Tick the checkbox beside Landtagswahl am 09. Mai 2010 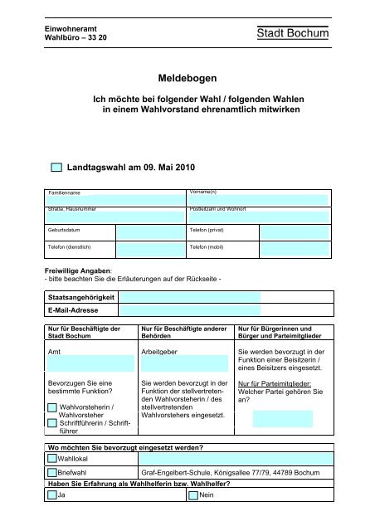(56, 168)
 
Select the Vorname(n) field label (203, 192)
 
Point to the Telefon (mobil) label (208, 247)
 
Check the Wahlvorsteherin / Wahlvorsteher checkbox (52, 408)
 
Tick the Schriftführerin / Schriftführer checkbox (52, 422)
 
